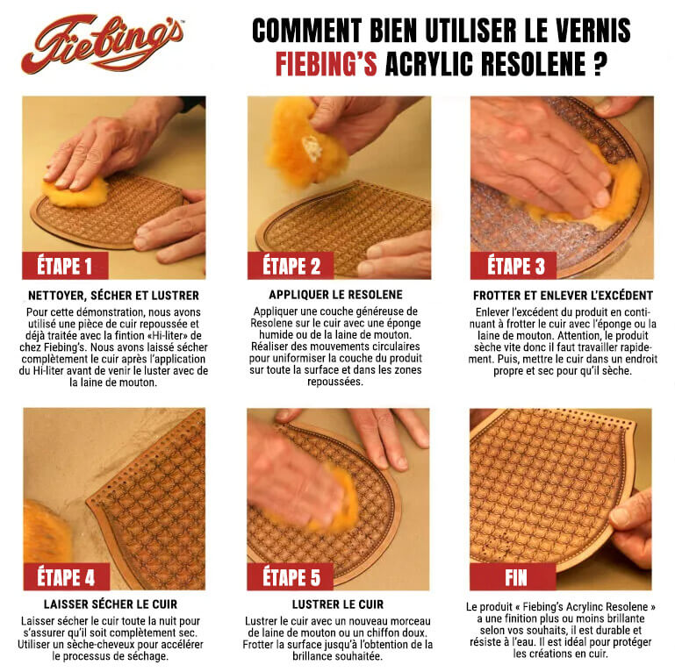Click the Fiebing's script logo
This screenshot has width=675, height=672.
103,43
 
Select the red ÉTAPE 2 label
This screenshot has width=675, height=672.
291,265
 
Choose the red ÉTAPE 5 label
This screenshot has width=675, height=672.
291,576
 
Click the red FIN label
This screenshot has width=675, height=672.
515,576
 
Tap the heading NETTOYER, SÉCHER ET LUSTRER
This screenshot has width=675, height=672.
113,296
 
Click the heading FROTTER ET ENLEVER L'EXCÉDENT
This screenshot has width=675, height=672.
563,296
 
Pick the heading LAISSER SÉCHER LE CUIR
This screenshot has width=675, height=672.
112,604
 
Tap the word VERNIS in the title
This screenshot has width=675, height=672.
587,31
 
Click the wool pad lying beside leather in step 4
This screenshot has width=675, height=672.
45,532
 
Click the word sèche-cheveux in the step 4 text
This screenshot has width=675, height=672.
95,644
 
